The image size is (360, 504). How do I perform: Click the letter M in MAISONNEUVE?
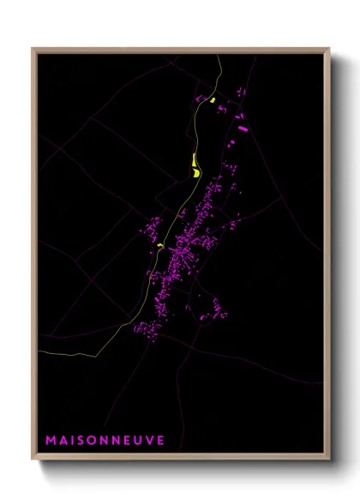click(x=51, y=440)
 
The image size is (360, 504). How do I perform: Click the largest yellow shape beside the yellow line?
click(x=195, y=163)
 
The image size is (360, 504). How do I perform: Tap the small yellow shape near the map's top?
click(x=211, y=100)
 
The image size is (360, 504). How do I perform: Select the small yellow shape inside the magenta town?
click(x=160, y=246)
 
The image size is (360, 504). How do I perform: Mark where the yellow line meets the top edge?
click(x=219, y=56)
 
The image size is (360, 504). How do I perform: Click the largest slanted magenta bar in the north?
click(x=243, y=129)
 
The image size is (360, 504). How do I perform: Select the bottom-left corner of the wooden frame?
click(x=33, y=460)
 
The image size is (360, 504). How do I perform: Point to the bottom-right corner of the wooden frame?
click(x=330, y=460)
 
